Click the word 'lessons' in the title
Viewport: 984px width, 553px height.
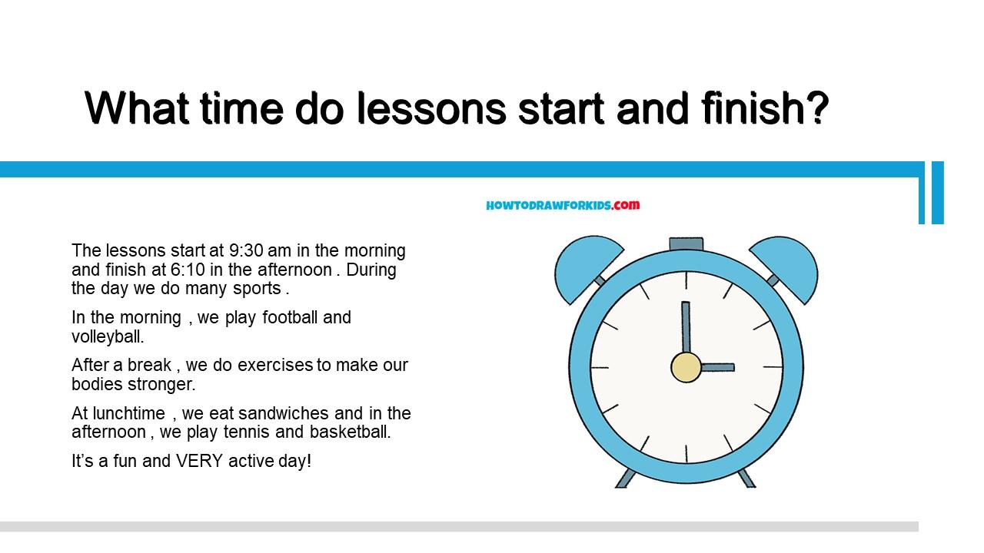(x=431, y=108)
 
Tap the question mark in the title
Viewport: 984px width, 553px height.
(x=816, y=108)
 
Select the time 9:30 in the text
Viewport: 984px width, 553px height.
(x=246, y=250)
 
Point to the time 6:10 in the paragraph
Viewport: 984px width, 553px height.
(x=188, y=270)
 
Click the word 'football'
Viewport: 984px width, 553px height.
(x=290, y=317)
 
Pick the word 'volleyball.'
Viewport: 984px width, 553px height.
(x=108, y=336)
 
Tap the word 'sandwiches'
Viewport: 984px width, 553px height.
(x=284, y=413)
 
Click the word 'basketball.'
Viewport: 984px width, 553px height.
(x=350, y=432)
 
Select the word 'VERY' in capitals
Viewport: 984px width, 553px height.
(x=199, y=462)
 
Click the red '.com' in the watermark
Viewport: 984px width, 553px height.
(x=626, y=205)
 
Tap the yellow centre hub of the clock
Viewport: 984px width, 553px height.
(x=686, y=367)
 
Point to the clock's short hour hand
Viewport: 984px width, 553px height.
(x=717, y=367)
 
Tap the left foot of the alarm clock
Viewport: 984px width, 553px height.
(x=625, y=478)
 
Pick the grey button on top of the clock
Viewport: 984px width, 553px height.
(x=686, y=244)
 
